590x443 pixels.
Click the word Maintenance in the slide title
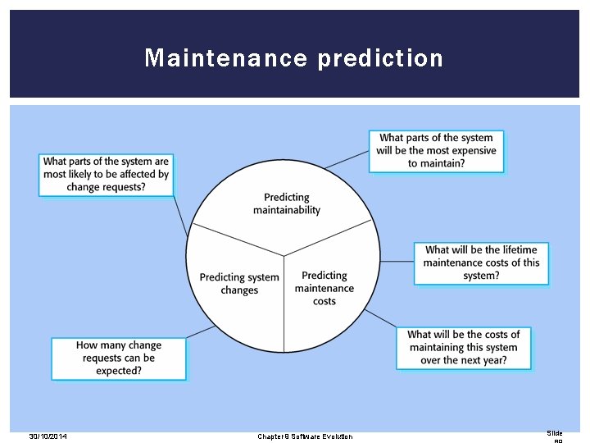coord(226,58)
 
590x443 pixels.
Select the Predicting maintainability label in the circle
coord(287,203)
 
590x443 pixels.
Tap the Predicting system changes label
coord(239,284)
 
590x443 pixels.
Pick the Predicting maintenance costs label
coord(324,288)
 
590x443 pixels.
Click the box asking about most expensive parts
coord(436,151)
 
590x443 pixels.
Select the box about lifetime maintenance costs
coord(481,263)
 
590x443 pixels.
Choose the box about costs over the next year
coord(463,347)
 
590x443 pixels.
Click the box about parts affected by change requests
coord(106,175)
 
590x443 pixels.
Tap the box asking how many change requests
coord(119,359)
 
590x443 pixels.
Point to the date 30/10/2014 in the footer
coord(48,436)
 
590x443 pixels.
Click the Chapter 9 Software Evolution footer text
coord(305,436)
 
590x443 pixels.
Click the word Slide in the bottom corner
coord(555,433)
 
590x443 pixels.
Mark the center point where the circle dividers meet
coord(284,256)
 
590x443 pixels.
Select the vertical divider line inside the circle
coord(284,304)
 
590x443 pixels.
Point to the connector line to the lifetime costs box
coord(397,262)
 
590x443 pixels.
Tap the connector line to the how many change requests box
coord(202,332)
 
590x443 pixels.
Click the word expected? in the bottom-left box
coord(119,371)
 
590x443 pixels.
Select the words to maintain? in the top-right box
coord(436,163)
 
